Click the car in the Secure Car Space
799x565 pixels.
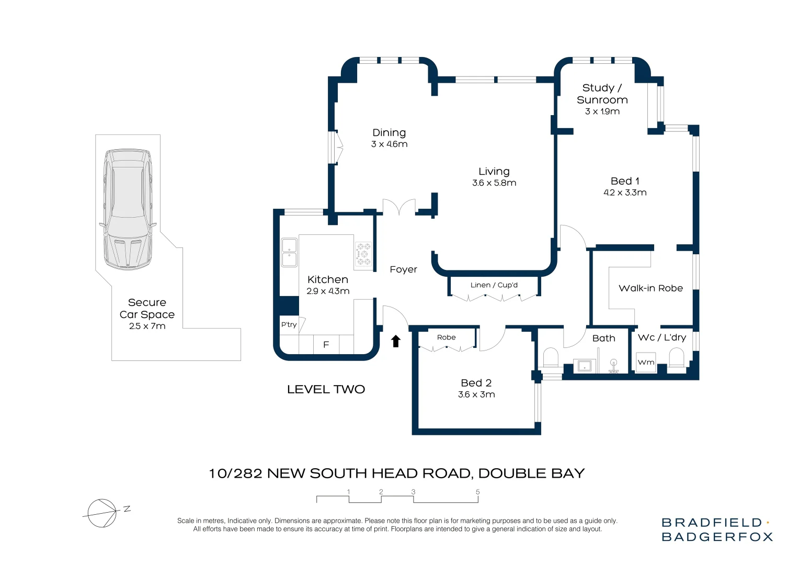tap(128, 209)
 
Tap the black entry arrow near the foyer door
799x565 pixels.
tap(396, 341)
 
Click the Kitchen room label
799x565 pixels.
tap(328, 279)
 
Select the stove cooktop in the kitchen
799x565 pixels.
tap(363, 254)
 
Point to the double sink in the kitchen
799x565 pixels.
tap(289, 252)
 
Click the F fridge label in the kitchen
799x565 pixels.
tap(326, 345)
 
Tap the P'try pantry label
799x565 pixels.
tap(289, 325)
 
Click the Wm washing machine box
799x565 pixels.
tap(646, 362)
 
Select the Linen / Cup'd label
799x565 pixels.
tap(494, 285)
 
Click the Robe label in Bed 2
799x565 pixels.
tap(446, 337)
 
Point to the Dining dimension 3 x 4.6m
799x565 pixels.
tap(389, 144)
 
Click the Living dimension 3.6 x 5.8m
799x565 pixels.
tap(494, 183)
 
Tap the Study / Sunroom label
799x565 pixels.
tap(602, 94)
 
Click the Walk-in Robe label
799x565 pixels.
tap(650, 288)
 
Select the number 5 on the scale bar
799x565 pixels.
tap(477, 492)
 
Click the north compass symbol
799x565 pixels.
tap(102, 513)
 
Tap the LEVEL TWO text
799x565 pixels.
tap(326, 389)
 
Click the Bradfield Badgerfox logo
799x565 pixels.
tap(716, 529)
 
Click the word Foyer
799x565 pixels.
tap(403, 269)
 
